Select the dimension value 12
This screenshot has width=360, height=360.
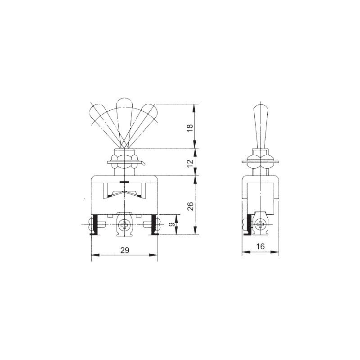pos(190,163)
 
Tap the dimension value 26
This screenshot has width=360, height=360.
pos(190,206)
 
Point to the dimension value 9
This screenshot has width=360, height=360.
pos(171,224)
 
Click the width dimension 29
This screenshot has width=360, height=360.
pos(125,250)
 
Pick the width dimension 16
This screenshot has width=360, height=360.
pos(261,247)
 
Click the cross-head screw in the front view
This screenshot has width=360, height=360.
pos(125,225)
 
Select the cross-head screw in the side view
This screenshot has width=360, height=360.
pos(261,224)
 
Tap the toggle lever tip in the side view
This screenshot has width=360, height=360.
pos(261,107)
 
